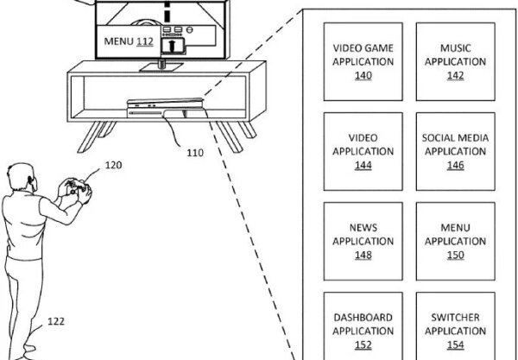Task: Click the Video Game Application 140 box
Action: pyautogui.click(x=363, y=62)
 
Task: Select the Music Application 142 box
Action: pyautogui.click(x=456, y=62)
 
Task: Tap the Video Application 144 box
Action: pyautogui.click(x=363, y=152)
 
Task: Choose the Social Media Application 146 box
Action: pyautogui.click(x=456, y=152)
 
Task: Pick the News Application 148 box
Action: pyautogui.click(x=363, y=242)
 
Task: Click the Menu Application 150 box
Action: pyautogui.click(x=456, y=242)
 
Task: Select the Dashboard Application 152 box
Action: pyautogui.click(x=363, y=326)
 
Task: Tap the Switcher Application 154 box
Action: pyautogui.click(x=456, y=326)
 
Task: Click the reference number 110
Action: pyautogui.click(x=195, y=153)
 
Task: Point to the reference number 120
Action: pyautogui.click(x=114, y=165)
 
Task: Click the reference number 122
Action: pyautogui.click(x=56, y=321)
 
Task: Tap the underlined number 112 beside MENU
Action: pyautogui.click(x=145, y=41)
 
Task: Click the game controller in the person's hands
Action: pyautogui.click(x=78, y=187)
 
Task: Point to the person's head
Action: pyautogui.click(x=22, y=177)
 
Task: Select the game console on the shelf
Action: pyautogui.click(x=167, y=108)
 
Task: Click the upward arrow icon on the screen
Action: pyautogui.click(x=173, y=45)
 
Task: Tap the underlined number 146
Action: pyautogui.click(x=456, y=165)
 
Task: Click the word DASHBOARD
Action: pyautogui.click(x=363, y=318)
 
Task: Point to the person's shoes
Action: pyautogui.click(x=28, y=352)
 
